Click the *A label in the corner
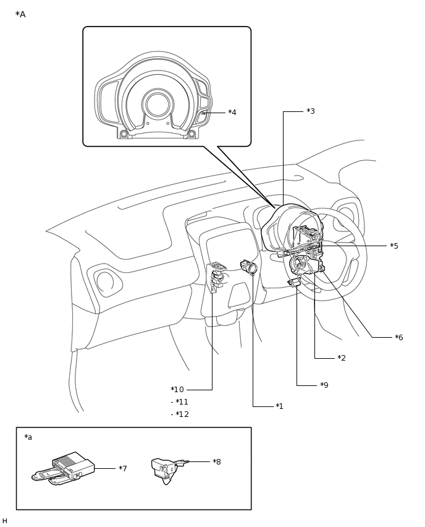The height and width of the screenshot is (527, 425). pyautogui.click(x=20, y=14)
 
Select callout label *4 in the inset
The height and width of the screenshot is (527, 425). pyautogui.click(x=232, y=112)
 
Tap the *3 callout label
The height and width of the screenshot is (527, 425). pyautogui.click(x=311, y=111)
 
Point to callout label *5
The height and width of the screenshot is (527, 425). pyautogui.click(x=393, y=246)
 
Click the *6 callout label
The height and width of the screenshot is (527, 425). pyautogui.click(x=399, y=337)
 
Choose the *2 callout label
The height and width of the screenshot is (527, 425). pyautogui.click(x=342, y=358)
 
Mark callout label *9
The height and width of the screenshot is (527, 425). pyautogui.click(x=324, y=385)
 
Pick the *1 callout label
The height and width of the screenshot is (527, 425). pyautogui.click(x=279, y=406)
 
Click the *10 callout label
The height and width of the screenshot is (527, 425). pyautogui.click(x=177, y=389)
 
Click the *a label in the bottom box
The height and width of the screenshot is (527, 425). pyautogui.click(x=28, y=437)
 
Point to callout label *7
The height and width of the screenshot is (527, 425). pyautogui.click(x=123, y=468)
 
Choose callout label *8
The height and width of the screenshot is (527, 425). pyautogui.click(x=217, y=461)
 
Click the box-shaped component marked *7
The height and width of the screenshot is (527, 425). pyautogui.click(x=64, y=468)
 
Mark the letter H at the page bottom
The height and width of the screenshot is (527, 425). pyautogui.click(x=4, y=521)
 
